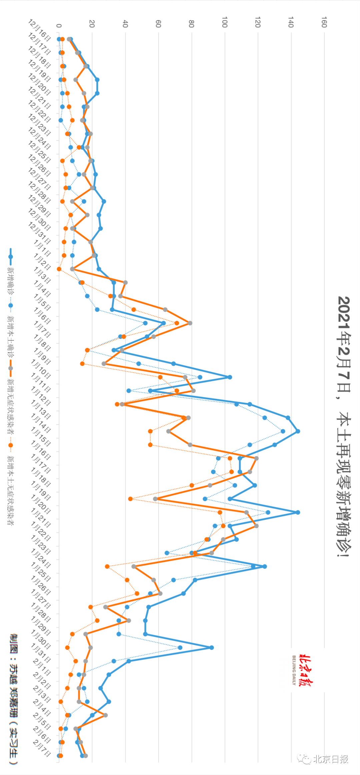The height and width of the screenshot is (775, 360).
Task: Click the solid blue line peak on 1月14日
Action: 298,431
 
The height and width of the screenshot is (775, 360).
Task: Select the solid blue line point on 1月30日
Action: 212,647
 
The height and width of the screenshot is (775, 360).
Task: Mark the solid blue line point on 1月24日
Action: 265,566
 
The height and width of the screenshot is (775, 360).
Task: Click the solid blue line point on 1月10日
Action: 230,377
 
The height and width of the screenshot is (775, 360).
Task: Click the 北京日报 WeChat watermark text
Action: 330,759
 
